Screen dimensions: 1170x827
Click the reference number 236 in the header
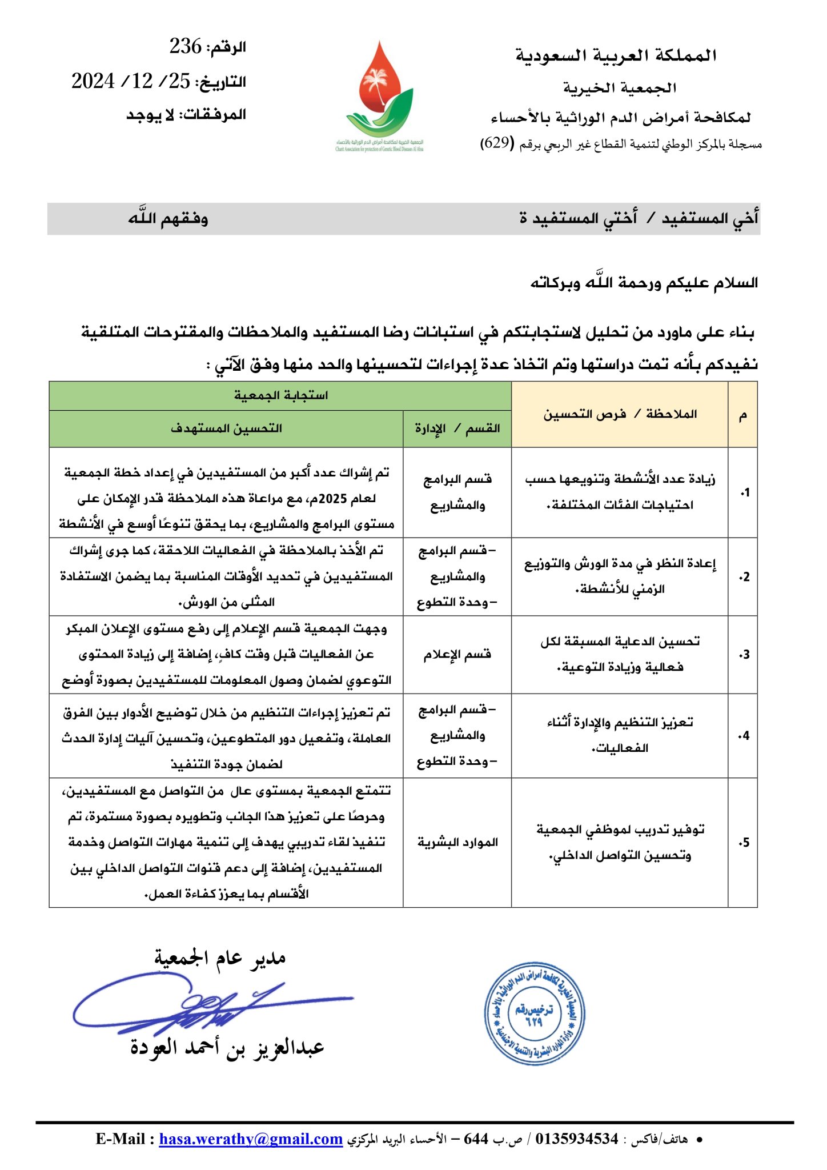(x=185, y=46)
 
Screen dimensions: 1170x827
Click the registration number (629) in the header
(x=497, y=143)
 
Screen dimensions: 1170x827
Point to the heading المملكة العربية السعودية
(x=616, y=55)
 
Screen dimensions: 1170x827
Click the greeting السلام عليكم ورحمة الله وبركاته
(x=644, y=283)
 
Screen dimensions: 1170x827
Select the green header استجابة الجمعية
(x=280, y=395)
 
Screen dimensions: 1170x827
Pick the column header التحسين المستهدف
(x=226, y=428)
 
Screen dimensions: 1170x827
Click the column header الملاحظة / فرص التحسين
(x=620, y=414)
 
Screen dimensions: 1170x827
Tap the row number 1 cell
(x=743, y=492)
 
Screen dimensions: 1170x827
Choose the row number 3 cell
(x=743, y=655)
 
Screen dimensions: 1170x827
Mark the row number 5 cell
(x=743, y=843)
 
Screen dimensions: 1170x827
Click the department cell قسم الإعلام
(x=457, y=655)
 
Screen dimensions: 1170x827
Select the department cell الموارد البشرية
(x=457, y=843)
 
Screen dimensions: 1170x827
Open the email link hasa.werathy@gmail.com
(x=251, y=1139)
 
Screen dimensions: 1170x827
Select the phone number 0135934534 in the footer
(x=577, y=1139)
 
